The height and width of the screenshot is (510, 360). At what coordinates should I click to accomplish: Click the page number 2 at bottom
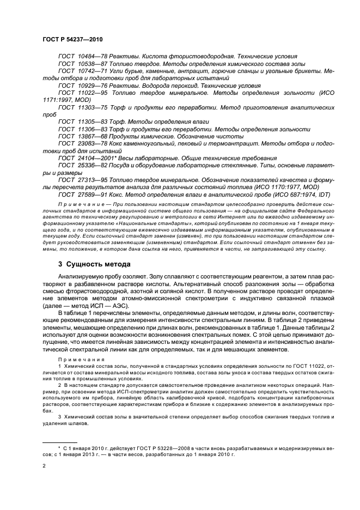tap(44, 466)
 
